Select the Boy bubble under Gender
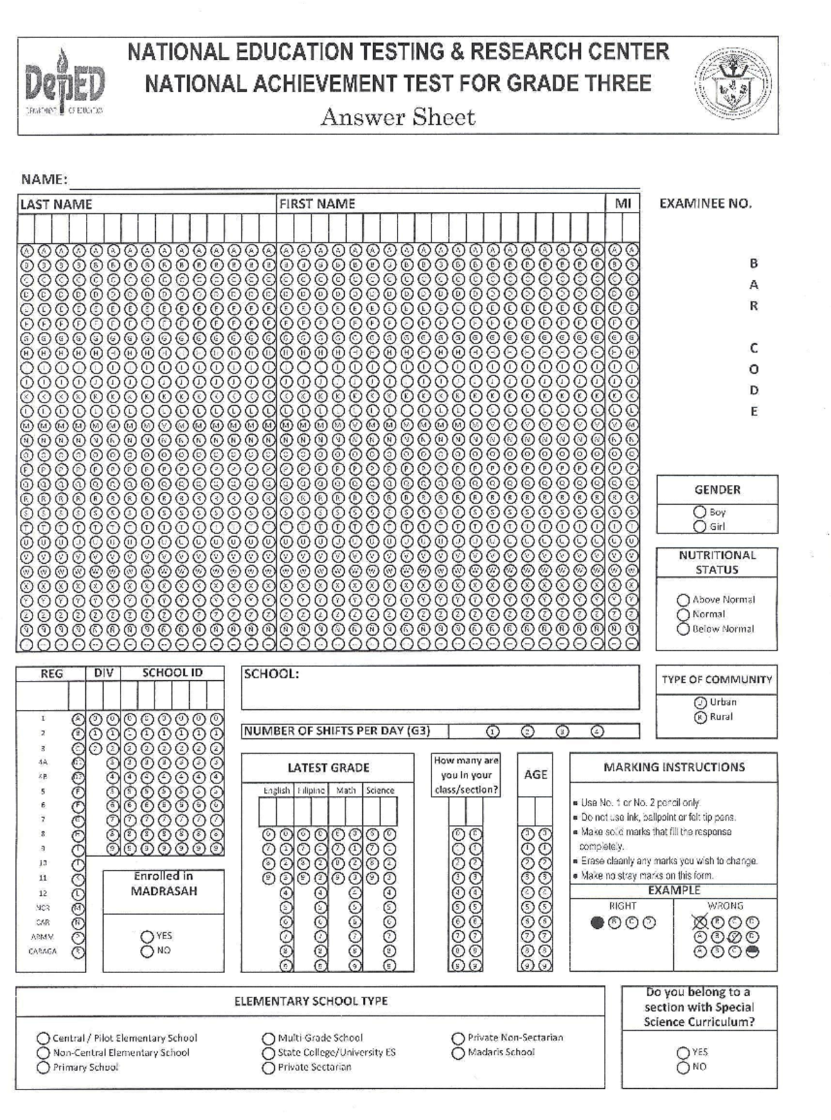coord(699,513)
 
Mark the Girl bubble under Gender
coord(699,526)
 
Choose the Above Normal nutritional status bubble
coord(683,600)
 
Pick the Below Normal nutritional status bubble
coord(683,629)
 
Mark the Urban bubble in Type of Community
coord(700,702)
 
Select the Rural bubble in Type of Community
coord(700,717)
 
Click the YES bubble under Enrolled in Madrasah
coord(147,936)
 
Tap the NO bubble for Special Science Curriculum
coord(683,1067)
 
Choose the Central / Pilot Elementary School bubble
coord(44,1038)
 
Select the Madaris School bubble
coord(458,1053)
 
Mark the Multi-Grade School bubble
coord(269,1038)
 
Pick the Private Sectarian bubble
coord(269,1068)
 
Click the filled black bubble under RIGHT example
coord(597,923)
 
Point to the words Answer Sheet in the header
coord(397,117)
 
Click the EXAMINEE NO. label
coord(705,204)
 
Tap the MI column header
coord(623,204)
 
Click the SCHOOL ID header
coord(172,673)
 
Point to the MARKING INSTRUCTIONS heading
coord(674,767)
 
